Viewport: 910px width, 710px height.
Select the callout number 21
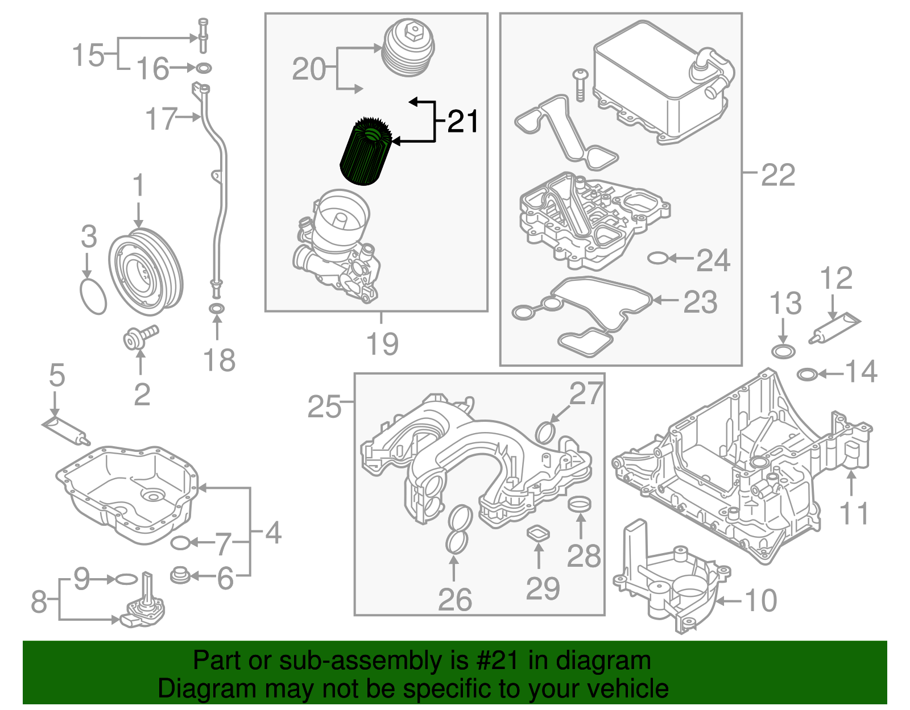[462, 122]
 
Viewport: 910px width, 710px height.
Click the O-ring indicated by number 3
[93, 296]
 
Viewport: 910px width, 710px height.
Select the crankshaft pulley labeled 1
[146, 272]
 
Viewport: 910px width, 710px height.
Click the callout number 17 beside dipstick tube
[161, 119]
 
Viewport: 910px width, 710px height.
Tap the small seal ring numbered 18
[217, 309]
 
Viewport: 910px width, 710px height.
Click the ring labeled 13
[784, 351]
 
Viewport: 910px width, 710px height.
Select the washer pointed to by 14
[808, 374]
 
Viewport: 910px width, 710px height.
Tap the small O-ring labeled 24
[657, 259]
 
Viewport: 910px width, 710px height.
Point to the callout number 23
[700, 302]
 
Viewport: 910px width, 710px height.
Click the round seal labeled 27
[545, 432]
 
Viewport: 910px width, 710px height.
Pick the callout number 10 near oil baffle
[760, 600]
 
